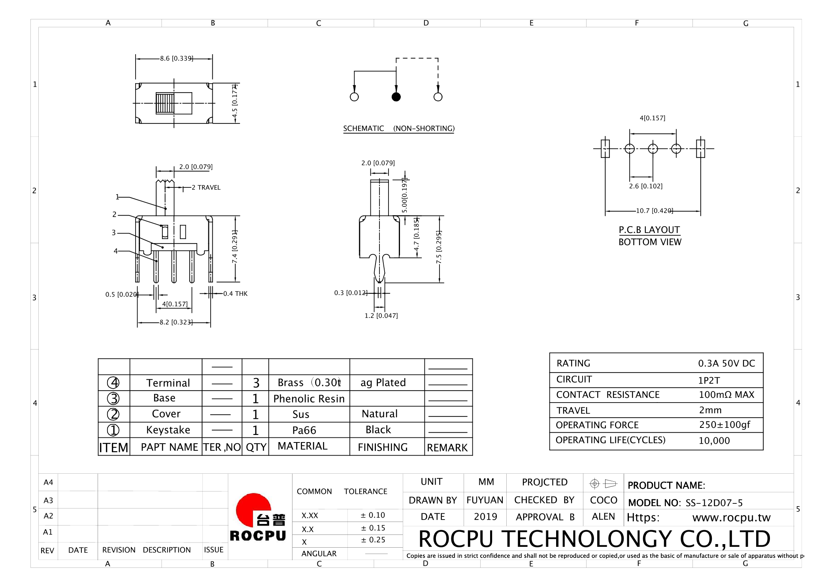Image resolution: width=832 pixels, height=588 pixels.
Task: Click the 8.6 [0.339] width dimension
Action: [x=176, y=59]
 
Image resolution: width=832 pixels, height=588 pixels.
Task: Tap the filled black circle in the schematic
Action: [x=396, y=97]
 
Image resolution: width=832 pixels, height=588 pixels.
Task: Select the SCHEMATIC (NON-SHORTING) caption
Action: [x=398, y=129]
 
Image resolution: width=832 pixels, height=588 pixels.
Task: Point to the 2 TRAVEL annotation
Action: [x=206, y=187]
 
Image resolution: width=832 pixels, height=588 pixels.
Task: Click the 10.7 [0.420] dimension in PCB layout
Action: [x=654, y=211]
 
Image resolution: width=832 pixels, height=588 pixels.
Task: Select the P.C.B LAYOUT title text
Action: [x=649, y=230]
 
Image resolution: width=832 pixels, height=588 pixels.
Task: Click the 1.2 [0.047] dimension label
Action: [x=381, y=316]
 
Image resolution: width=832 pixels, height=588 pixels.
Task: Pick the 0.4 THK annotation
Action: [x=235, y=293]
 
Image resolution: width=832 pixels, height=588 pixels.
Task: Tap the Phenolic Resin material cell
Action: [x=309, y=399]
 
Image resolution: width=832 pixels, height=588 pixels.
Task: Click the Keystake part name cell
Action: [x=168, y=430]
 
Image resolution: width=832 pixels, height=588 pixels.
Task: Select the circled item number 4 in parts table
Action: [x=113, y=383]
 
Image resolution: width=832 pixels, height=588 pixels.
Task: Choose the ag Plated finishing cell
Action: [x=383, y=382]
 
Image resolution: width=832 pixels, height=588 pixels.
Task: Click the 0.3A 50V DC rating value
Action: [x=726, y=363]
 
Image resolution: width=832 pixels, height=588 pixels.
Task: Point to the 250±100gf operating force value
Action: [x=724, y=425]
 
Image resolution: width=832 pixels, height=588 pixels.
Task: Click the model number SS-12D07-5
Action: [x=714, y=503]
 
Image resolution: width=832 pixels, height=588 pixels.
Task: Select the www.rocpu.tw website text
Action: [x=731, y=518]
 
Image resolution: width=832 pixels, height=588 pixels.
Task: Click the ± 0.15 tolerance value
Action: [x=373, y=528]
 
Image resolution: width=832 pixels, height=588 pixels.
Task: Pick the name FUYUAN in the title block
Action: [x=485, y=500]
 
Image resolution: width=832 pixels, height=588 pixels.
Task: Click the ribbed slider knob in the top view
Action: [x=165, y=103]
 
